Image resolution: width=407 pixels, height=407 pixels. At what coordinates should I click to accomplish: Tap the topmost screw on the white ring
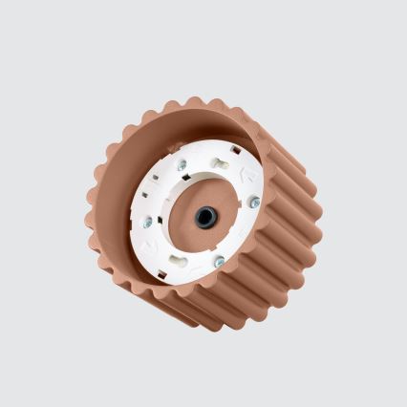[182, 164]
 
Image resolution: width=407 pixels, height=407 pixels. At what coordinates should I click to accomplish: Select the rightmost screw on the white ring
[254, 202]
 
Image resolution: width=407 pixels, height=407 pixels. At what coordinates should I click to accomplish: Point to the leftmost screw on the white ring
[147, 222]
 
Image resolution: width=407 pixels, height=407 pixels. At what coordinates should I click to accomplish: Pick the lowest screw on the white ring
[219, 261]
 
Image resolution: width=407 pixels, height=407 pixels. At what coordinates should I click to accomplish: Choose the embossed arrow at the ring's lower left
[150, 245]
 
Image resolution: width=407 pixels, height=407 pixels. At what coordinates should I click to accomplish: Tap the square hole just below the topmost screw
[185, 178]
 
